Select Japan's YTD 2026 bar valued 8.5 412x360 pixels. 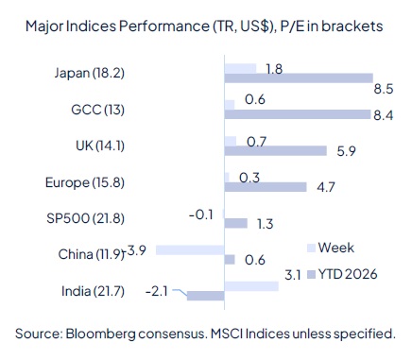299,77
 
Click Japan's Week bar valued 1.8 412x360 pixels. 240,68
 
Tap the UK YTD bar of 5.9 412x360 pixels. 276,150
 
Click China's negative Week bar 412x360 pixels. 190,250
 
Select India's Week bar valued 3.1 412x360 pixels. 251,285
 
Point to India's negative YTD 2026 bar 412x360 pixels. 205,296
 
